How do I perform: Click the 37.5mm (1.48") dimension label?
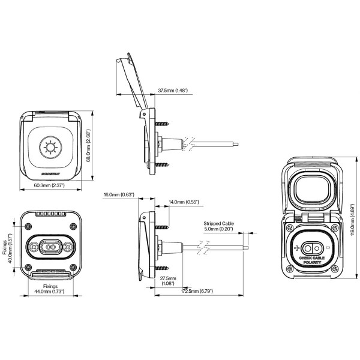[173, 91]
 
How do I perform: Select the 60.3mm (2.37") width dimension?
[51, 185]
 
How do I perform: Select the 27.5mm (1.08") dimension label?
[167, 281]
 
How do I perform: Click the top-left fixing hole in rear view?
[29, 226]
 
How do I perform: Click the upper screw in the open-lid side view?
[163, 123]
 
